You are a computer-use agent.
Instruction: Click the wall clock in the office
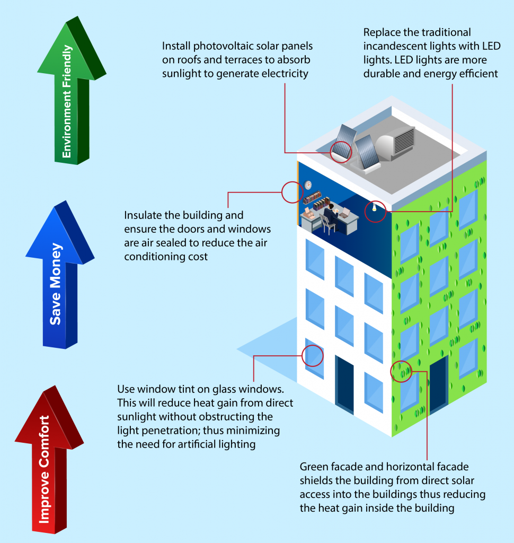[x=308, y=186]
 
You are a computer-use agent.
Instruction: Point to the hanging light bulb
[x=374, y=207]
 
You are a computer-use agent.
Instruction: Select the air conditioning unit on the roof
[x=395, y=142]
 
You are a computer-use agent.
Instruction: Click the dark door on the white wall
[x=344, y=385]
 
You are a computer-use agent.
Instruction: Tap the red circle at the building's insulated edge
[x=291, y=192]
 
